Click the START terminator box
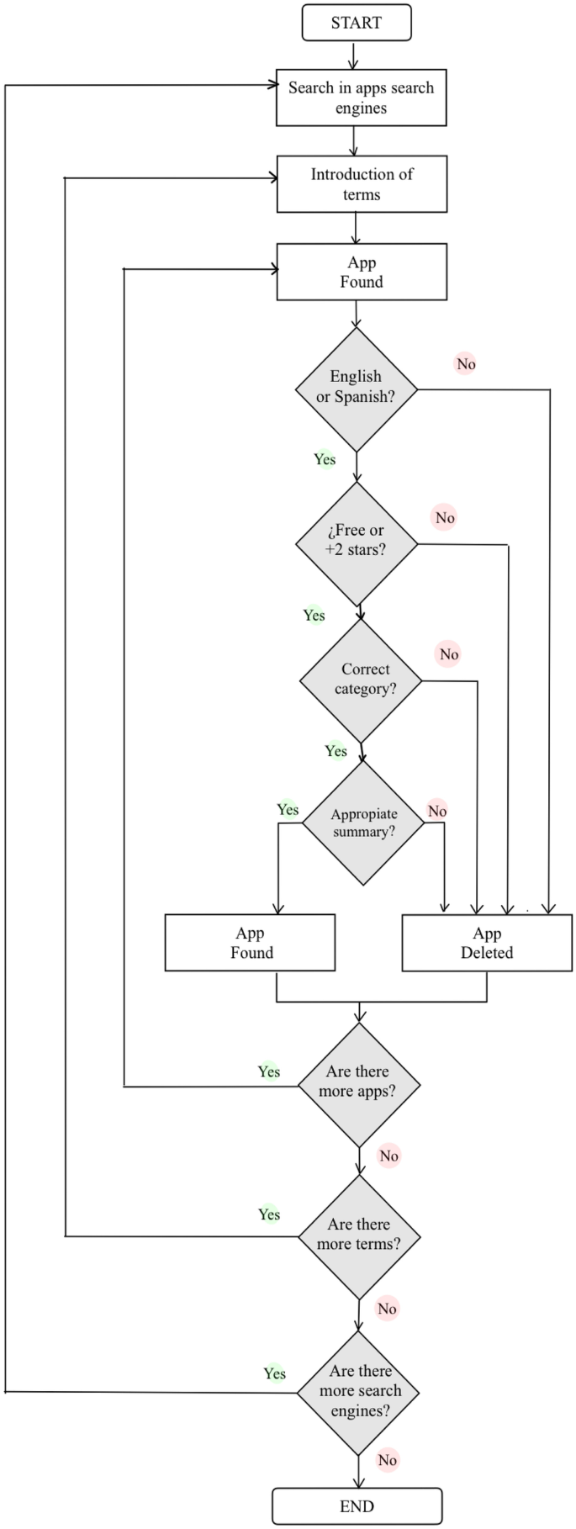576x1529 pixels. tap(357, 23)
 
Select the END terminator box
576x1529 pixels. tap(357, 1506)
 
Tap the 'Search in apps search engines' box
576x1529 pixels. tap(362, 98)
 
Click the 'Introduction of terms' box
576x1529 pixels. tap(362, 184)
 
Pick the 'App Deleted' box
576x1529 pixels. tap(487, 943)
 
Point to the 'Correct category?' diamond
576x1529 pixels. tap(362, 680)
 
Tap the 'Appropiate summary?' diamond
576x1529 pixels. tap(363, 823)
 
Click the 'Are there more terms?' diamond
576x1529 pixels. tap(359, 1235)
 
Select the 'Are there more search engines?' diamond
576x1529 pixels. tap(359, 1392)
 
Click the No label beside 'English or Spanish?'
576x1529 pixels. tap(466, 364)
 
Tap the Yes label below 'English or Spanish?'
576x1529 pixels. tap(325, 459)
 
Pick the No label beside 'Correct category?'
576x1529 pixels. tap(449, 654)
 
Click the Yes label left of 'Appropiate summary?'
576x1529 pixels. tap(288, 810)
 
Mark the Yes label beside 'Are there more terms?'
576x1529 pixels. tap(269, 1214)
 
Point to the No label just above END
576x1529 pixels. tap(387, 1460)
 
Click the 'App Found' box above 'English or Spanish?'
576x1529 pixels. tap(362, 272)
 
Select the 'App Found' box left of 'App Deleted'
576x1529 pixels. tap(251, 943)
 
